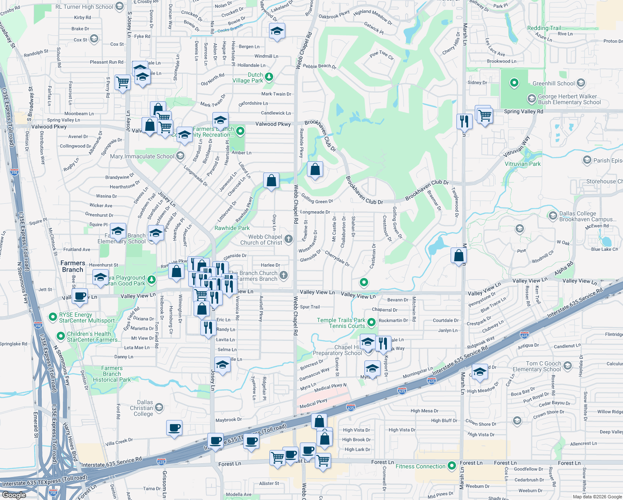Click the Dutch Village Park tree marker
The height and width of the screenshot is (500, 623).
click(x=269, y=77)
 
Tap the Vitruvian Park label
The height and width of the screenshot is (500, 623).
click(x=523, y=164)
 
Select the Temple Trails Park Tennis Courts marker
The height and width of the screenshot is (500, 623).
click(x=371, y=322)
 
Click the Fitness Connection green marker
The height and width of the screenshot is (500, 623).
click(x=452, y=466)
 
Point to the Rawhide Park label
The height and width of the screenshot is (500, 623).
click(x=232, y=228)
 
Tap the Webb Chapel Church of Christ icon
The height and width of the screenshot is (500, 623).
click(x=289, y=239)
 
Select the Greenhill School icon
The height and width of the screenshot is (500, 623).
click(x=581, y=83)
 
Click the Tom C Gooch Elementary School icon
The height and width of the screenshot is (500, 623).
click(x=567, y=366)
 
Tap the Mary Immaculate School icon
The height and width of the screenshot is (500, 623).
click(x=180, y=156)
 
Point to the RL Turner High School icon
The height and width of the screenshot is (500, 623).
click(x=120, y=7)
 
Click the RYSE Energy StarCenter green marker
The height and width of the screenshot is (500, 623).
click(x=52, y=317)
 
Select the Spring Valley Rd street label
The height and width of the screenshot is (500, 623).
click(x=523, y=111)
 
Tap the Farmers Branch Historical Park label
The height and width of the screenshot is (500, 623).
click(x=112, y=374)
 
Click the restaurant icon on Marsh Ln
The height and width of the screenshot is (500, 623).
click(x=464, y=121)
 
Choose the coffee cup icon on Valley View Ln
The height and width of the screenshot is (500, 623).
click(x=80, y=296)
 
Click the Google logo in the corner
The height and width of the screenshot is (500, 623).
click(x=14, y=495)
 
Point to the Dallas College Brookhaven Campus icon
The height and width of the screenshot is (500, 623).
click(x=553, y=216)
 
